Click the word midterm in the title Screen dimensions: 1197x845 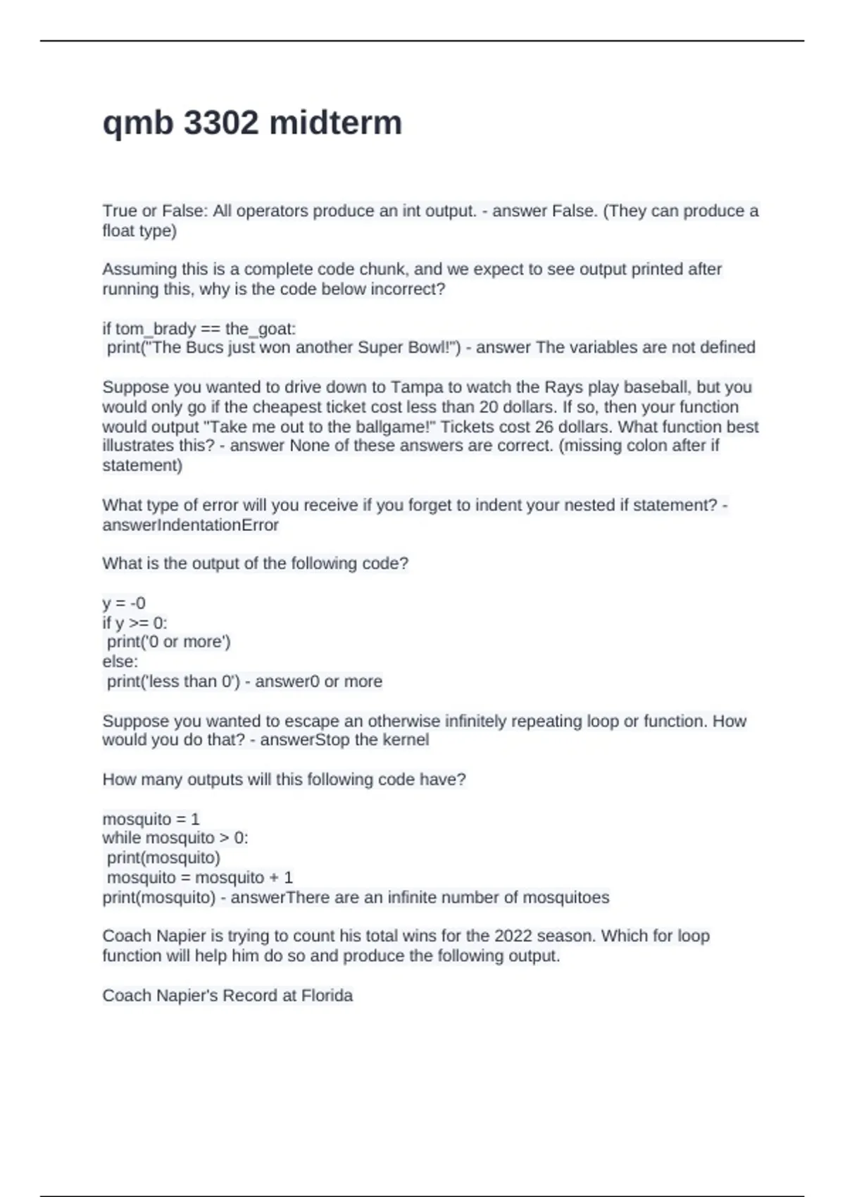pyautogui.click(x=336, y=123)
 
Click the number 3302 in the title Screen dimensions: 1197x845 pyautogui.click(x=220, y=123)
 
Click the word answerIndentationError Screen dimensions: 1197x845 pyautogui.click(x=191, y=525)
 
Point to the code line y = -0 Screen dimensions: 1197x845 pyautogui.click(x=124, y=603)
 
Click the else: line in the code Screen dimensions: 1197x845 pyautogui.click(x=120, y=662)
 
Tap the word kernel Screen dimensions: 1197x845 pyautogui.click(x=406, y=740)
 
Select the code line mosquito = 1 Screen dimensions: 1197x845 pyautogui.click(x=151, y=820)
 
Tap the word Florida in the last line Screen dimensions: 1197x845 pyautogui.click(x=327, y=996)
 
